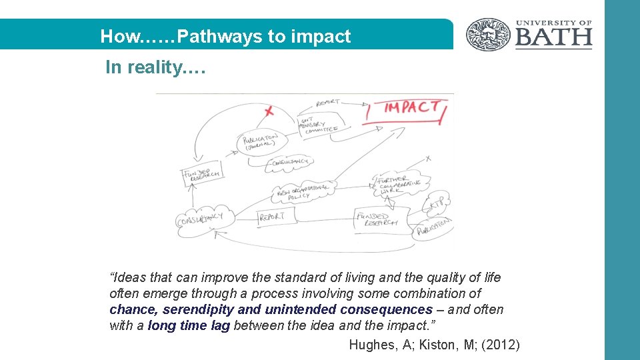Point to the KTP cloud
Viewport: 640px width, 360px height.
coord(438,204)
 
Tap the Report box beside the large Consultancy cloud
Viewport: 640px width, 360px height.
coord(272,217)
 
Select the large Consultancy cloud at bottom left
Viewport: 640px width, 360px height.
coord(204,218)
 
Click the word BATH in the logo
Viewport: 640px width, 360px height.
coord(553,38)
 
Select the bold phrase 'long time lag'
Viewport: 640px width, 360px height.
coord(189,325)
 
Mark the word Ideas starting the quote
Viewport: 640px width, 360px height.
coord(126,277)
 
